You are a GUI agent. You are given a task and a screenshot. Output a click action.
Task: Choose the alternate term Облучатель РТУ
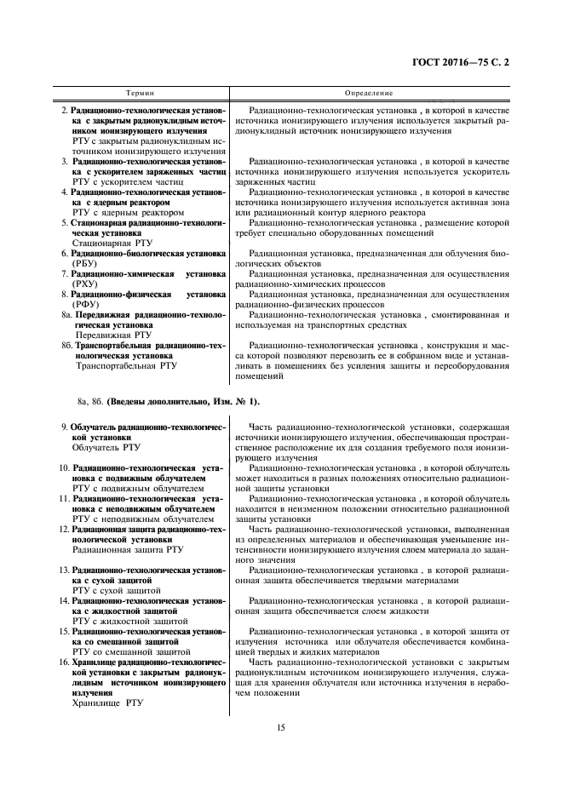click(x=106, y=446)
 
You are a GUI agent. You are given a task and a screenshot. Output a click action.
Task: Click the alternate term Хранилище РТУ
click(x=108, y=703)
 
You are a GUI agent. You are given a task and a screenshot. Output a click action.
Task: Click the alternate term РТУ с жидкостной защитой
click(x=125, y=621)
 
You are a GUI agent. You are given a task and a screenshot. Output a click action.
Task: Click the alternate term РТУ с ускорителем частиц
click(x=124, y=182)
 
